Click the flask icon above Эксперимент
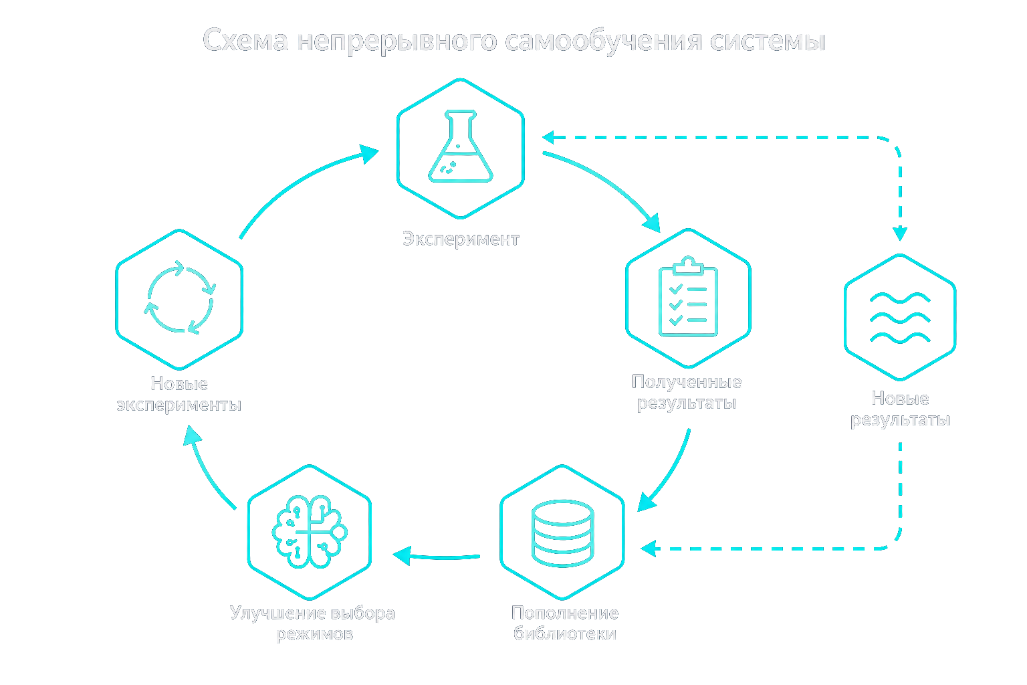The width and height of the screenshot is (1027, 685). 460,146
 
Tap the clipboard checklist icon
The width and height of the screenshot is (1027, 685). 688,296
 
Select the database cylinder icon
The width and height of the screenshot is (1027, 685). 562,533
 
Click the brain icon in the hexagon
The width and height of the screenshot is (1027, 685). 310,532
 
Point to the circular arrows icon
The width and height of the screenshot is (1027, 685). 179,297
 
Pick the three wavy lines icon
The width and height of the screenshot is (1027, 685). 900,318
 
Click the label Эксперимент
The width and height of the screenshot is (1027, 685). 461,239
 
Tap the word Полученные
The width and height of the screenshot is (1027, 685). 687,382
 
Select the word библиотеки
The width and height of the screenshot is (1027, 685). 565,633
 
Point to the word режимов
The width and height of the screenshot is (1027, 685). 315,634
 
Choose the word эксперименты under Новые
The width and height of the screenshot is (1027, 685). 179,405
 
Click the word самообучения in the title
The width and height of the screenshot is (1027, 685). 603,41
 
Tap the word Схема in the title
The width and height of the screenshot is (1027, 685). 245,40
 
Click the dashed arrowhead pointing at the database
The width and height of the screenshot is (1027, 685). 649,549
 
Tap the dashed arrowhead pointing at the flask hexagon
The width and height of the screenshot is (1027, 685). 549,137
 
